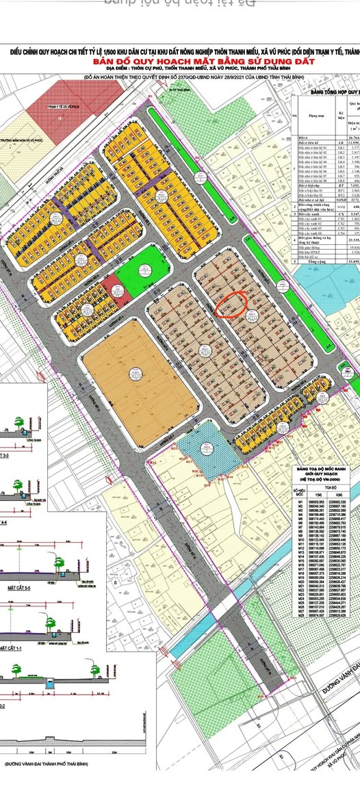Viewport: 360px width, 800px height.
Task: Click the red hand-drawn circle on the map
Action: pyautogui.click(x=232, y=305)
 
